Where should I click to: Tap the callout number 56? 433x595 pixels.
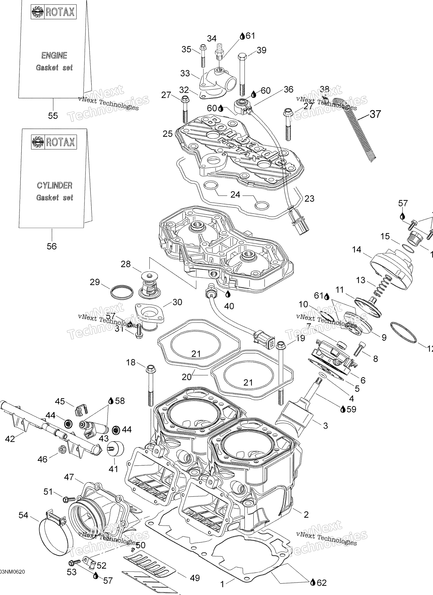coord(52,246)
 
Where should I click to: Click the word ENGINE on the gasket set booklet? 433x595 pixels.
coord(54,55)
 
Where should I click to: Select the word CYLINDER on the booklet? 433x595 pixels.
coord(55,186)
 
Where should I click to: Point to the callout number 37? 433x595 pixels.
coord(375,114)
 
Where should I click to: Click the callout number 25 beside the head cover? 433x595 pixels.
coord(167,134)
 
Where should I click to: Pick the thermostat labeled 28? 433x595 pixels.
coord(149,284)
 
